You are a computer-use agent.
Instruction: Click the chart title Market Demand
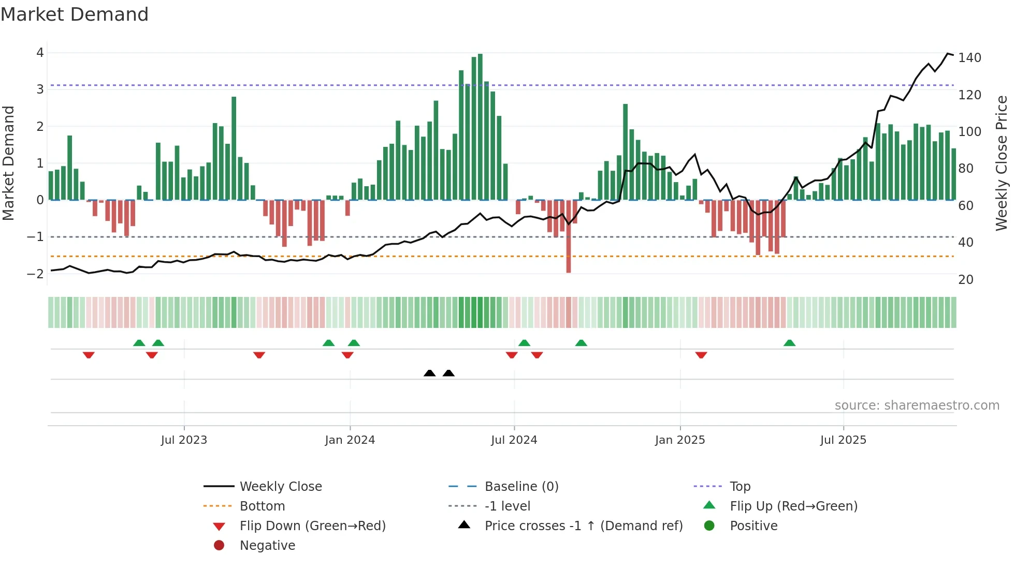coord(75,14)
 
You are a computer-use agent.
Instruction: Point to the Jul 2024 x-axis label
coord(514,440)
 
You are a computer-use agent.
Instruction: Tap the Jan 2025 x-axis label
coord(679,440)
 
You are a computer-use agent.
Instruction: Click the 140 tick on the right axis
coord(969,58)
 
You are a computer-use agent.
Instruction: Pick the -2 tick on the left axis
coord(36,274)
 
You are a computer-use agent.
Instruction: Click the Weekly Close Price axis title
coord(1002,163)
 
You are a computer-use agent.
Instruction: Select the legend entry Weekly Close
coord(280,487)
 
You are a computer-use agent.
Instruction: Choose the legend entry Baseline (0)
coord(521,487)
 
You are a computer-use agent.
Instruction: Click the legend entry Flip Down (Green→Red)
coord(312,526)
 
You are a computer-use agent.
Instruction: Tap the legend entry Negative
coord(267,546)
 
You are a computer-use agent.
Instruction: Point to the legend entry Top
coord(740,487)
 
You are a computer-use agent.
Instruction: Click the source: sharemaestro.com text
coord(917,406)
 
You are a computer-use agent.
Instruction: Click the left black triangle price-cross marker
coord(429,373)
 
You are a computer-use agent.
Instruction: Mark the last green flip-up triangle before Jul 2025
coord(789,343)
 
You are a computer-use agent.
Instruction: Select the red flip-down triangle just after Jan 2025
coord(701,355)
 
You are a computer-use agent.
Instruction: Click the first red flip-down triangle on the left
coord(89,355)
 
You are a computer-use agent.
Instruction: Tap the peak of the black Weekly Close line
coord(948,54)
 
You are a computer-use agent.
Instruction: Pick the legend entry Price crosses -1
coord(583,526)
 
